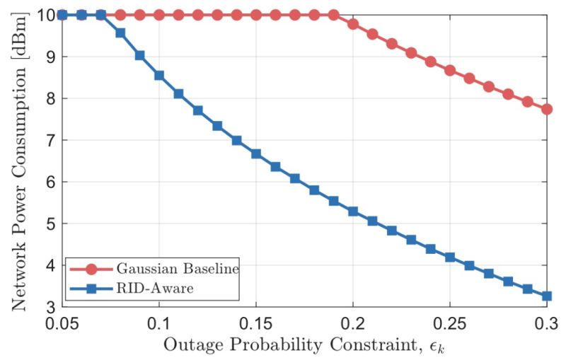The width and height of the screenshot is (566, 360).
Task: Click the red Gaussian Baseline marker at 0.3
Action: [547, 109]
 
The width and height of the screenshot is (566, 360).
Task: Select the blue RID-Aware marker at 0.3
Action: [547, 296]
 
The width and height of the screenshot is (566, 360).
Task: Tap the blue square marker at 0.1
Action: [159, 76]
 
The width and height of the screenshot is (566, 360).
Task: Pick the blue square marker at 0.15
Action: [256, 154]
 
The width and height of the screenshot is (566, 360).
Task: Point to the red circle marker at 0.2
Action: [353, 24]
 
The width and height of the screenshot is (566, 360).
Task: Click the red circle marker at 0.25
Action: [450, 70]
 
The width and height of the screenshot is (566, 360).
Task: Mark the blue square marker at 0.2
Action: [353, 211]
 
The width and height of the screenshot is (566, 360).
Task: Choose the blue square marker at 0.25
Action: [450, 257]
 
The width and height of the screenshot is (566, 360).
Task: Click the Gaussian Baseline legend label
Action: [178, 269]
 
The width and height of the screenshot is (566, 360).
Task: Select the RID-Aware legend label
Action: [155, 289]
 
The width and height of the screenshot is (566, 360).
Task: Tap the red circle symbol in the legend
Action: [92, 269]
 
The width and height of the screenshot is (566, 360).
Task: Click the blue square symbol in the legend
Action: [92, 289]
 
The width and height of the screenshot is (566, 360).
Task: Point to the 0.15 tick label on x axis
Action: [256, 323]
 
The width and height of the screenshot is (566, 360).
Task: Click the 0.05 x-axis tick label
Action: [62, 323]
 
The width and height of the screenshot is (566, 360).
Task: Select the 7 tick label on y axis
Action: [51, 140]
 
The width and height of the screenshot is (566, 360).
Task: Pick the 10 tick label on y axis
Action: [46, 15]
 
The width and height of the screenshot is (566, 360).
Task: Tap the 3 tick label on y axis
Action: [51, 308]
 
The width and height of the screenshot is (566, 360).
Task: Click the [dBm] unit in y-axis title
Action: [20, 36]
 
